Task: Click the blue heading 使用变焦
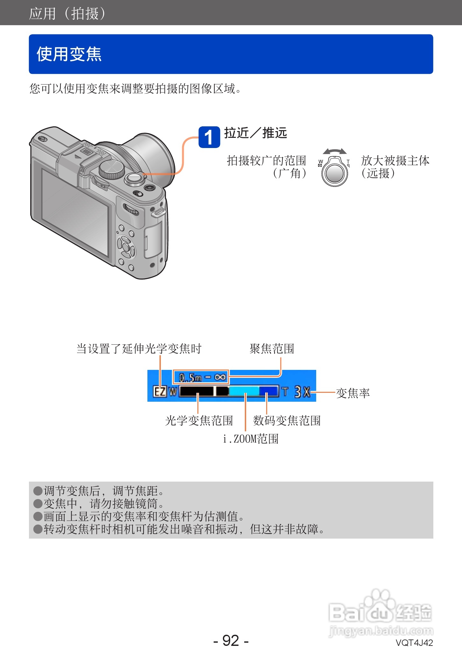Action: (x=69, y=54)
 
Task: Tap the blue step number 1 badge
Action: (x=209, y=137)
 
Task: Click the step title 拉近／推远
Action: (x=255, y=133)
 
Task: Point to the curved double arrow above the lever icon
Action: (x=334, y=151)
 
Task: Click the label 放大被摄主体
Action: (x=395, y=161)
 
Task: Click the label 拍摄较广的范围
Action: (x=266, y=161)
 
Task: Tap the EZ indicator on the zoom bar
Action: (x=160, y=391)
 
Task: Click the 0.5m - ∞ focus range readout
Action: (x=201, y=377)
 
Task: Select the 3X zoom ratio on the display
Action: (x=302, y=392)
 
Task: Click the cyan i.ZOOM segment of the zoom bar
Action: (x=244, y=391)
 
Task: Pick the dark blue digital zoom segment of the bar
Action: (x=268, y=391)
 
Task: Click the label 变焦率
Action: (x=353, y=393)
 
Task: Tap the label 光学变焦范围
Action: (x=199, y=420)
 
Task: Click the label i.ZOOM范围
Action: (x=251, y=439)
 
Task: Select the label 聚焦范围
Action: (x=272, y=349)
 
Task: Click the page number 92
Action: (x=231, y=640)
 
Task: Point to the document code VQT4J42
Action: (x=414, y=643)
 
